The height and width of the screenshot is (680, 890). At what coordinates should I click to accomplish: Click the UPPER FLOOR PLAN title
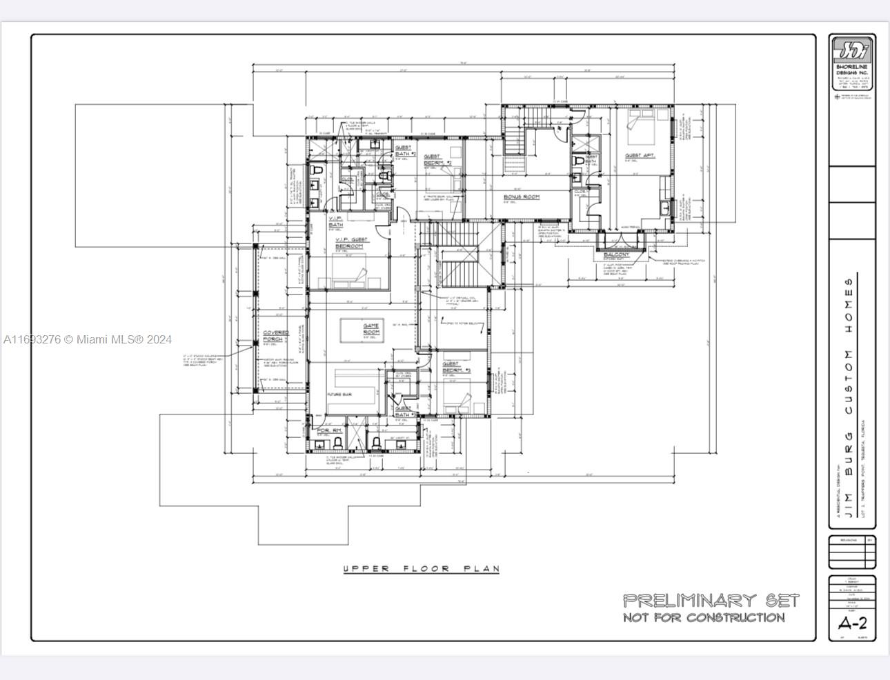[421, 569]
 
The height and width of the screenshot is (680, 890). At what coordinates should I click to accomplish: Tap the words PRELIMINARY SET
[711, 600]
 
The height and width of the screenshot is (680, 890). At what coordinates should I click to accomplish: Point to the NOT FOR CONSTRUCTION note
[704, 617]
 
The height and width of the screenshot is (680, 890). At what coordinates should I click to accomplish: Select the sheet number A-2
[852, 623]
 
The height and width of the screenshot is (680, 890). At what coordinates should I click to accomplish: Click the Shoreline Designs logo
[853, 52]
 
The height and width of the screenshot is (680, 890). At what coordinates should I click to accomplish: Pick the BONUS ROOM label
[521, 197]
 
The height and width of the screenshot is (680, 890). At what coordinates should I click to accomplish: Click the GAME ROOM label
[371, 329]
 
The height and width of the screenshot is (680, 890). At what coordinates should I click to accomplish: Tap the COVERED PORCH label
[275, 336]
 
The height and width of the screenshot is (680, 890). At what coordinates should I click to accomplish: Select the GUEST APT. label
[640, 156]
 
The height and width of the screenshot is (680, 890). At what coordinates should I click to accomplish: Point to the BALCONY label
[616, 254]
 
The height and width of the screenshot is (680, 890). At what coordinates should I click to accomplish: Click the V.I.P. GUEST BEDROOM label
[351, 243]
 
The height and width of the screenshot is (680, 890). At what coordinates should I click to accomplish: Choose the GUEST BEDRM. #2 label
[437, 160]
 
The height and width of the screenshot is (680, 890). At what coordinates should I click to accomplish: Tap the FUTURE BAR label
[339, 394]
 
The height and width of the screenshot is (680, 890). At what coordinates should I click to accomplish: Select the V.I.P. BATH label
[336, 221]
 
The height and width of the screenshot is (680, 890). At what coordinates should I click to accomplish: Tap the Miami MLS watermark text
[88, 339]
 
